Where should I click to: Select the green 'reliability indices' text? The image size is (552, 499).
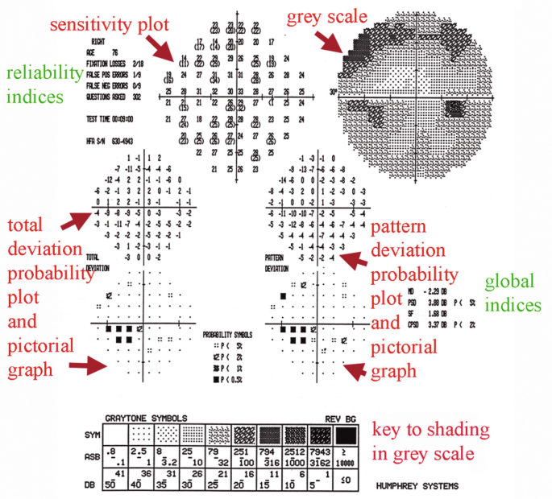pos(35,85)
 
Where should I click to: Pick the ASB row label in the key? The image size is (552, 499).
pos(89,457)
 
